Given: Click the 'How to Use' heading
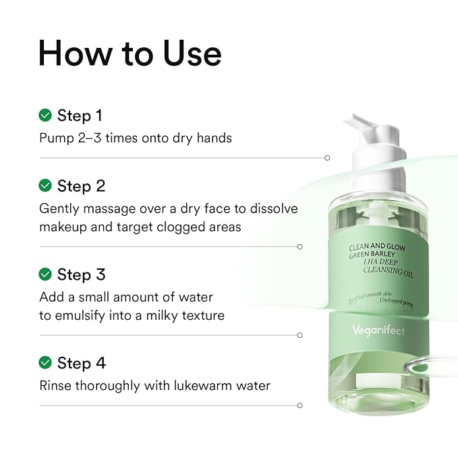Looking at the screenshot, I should click(130, 53).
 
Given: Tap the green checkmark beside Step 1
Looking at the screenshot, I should click(45, 115).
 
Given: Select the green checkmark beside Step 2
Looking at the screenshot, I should click(45, 185).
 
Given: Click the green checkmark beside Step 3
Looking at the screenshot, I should click(45, 275).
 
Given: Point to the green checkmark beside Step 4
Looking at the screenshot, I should click(45, 363).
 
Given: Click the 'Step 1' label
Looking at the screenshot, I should click(80, 115).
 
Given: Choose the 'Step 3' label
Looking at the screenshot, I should click(81, 275).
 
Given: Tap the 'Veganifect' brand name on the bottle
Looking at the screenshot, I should click(377, 331).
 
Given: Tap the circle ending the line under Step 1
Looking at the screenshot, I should click(327, 158).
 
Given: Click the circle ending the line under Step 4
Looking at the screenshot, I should click(300, 405).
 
